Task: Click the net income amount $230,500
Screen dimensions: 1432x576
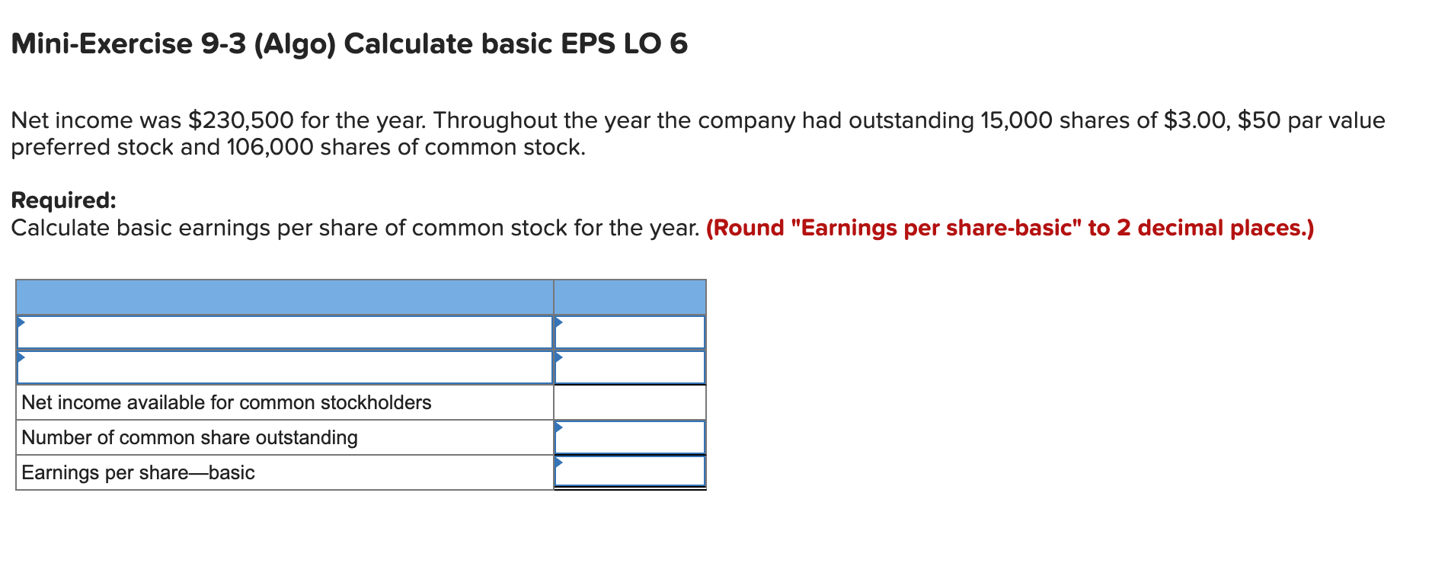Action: click(241, 120)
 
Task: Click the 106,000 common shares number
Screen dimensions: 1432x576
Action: click(270, 147)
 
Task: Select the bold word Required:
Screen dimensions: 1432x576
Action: click(64, 200)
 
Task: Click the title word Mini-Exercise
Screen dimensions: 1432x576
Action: click(102, 44)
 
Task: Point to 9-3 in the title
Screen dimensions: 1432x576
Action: click(224, 44)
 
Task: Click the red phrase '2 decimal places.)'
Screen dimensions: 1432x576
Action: click(1216, 228)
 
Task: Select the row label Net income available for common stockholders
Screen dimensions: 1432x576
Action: click(226, 402)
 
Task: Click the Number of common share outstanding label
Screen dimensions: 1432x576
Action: click(190, 437)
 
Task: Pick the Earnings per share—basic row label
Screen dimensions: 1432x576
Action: click(138, 472)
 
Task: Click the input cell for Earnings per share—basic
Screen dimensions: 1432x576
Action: click(630, 472)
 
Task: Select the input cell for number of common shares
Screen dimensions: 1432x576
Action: click(630, 437)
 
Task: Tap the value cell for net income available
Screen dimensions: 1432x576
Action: click(630, 402)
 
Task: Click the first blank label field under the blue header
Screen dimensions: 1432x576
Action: click(284, 332)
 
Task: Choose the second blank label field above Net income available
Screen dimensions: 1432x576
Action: click(284, 367)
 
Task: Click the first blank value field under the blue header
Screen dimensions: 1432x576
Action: click(630, 332)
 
